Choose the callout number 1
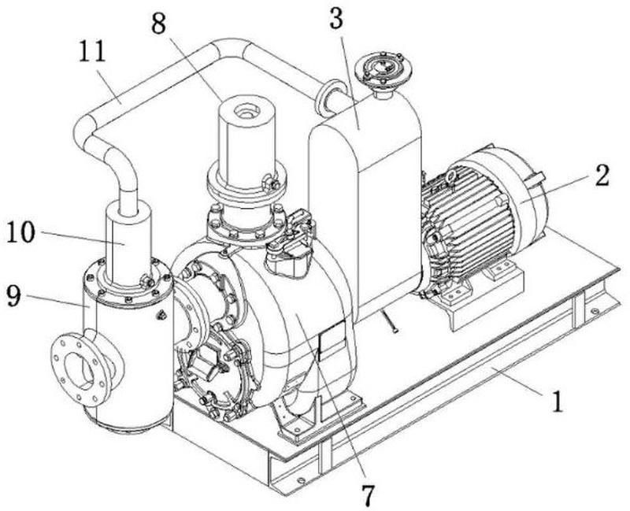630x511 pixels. coord(557,402)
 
